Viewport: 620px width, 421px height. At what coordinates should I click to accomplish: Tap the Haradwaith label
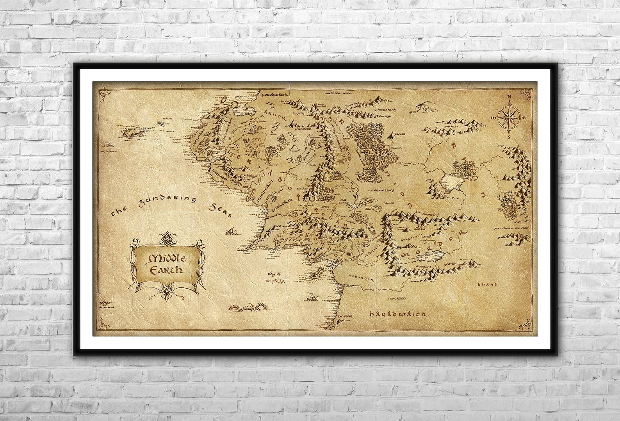pos(398,314)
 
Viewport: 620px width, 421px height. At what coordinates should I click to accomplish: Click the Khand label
pos(488,285)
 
